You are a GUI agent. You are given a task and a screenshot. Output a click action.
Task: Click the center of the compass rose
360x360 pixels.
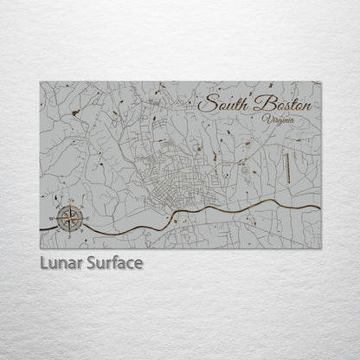point(71,217)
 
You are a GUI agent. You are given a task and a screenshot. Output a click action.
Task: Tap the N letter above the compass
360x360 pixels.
point(71,201)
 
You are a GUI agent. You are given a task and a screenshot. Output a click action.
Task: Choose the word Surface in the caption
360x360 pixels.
point(114,262)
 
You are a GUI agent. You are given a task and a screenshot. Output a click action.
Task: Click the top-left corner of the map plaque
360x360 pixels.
point(41,82)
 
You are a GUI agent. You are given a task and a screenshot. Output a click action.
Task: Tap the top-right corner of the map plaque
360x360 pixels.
point(320,82)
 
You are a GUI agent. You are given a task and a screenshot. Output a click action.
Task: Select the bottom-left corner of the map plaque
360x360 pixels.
point(41,248)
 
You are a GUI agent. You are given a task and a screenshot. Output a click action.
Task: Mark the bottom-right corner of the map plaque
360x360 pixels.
point(320,248)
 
